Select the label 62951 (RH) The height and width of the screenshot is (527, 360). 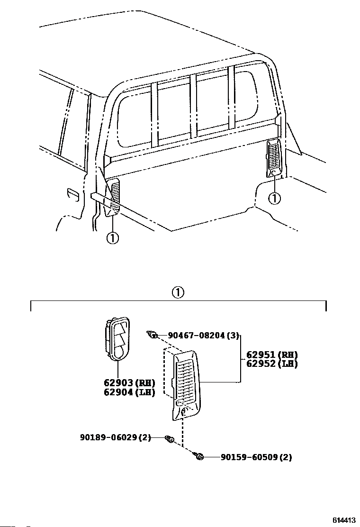click(272, 354)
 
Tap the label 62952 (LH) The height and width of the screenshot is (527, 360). click(272, 363)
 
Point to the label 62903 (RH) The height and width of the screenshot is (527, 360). click(129, 383)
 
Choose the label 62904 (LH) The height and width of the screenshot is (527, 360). click(129, 392)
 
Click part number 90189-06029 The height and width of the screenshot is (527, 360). click(115, 438)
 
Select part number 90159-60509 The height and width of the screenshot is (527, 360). click(256, 457)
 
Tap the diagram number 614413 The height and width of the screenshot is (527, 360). click(344, 520)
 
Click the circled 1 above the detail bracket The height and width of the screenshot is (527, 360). click(178, 292)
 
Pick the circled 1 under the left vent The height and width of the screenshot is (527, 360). click(112, 238)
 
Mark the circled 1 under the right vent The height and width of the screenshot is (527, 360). click(274, 198)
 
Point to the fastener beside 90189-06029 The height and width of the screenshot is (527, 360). click(168, 439)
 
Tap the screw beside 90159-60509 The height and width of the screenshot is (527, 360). click(199, 456)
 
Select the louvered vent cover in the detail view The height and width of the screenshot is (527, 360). click(187, 384)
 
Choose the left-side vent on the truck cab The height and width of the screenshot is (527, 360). click(113, 196)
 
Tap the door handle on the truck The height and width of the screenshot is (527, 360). click(72, 194)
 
